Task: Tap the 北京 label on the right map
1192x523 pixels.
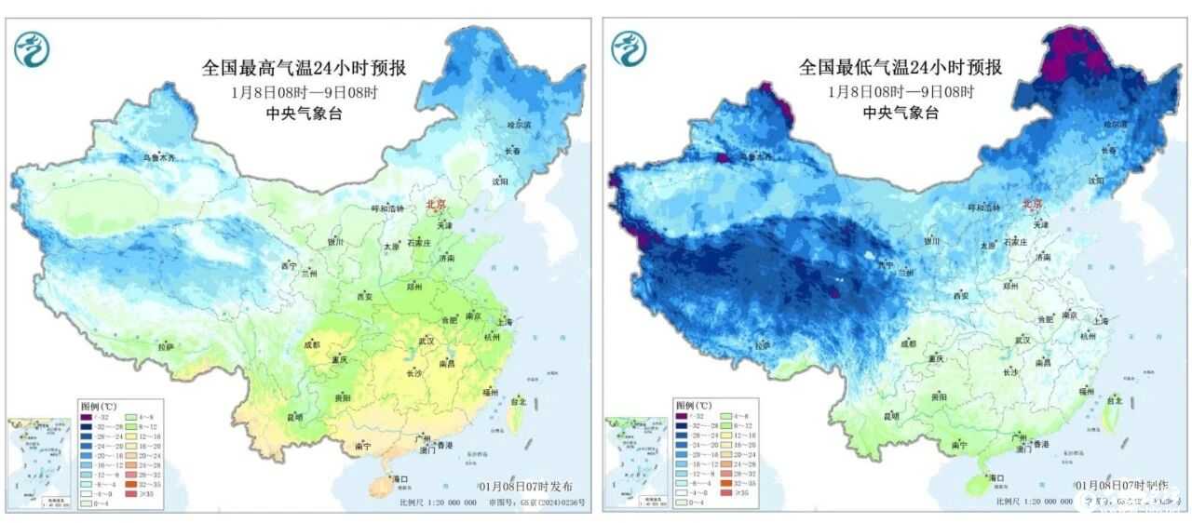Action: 1033,204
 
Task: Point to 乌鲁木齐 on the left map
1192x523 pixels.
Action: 157,157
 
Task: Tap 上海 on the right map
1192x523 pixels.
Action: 1102,319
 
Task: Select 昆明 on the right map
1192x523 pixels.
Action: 891,415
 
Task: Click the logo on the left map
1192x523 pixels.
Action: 32,47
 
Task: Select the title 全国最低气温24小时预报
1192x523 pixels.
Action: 900,68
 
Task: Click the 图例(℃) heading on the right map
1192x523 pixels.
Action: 692,406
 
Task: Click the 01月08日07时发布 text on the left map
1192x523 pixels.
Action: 526,487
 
